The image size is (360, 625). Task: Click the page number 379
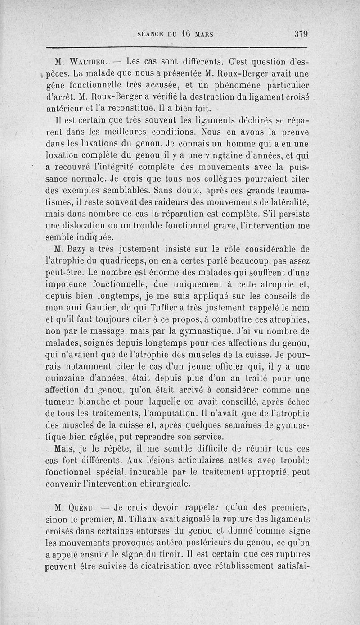301,33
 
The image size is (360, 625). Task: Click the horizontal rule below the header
177,47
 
